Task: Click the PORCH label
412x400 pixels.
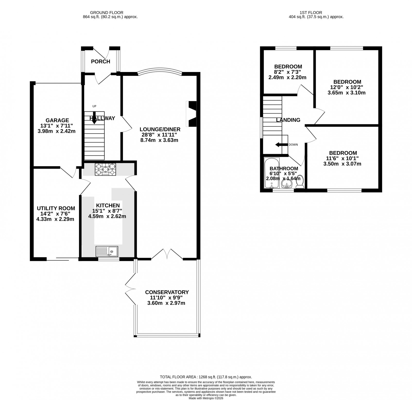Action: tap(100, 61)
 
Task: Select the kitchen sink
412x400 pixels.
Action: tap(107, 251)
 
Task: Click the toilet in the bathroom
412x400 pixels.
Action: tap(300, 183)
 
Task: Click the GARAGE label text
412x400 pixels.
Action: tap(57, 120)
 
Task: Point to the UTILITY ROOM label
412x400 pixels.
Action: tap(56, 208)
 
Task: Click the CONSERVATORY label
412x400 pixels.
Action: tap(167, 292)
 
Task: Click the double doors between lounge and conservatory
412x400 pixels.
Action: tap(167, 254)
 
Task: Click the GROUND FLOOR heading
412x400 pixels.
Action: tap(107, 12)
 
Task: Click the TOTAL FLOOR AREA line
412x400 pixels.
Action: tap(206, 377)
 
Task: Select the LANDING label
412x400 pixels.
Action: tap(288, 120)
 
